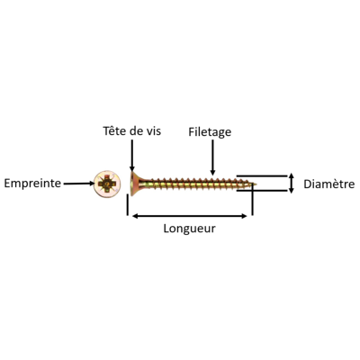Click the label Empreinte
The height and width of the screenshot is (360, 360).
tap(32, 183)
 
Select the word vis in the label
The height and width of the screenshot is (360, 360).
tap(153, 131)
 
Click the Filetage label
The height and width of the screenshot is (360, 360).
tap(210, 132)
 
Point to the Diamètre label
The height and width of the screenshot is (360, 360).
tap(329, 184)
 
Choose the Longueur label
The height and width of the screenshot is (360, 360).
tap(189, 229)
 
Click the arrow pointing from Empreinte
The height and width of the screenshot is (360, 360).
tap(79, 184)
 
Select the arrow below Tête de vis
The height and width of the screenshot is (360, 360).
tap(132, 155)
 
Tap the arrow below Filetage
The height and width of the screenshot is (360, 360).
tap(212, 157)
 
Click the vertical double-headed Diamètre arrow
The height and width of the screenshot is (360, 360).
tap(291, 183)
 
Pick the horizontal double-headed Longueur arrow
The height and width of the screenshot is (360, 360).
tap(190, 216)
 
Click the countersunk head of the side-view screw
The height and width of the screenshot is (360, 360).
tap(134, 184)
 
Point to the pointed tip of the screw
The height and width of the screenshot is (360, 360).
tap(255, 184)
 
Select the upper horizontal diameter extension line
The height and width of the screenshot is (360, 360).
tap(262, 175)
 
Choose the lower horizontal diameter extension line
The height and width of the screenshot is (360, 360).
tap(262, 191)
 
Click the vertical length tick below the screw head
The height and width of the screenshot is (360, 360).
tap(128, 205)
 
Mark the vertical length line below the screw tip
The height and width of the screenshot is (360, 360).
tap(252, 199)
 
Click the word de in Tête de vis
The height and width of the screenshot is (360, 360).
tap(136, 131)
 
